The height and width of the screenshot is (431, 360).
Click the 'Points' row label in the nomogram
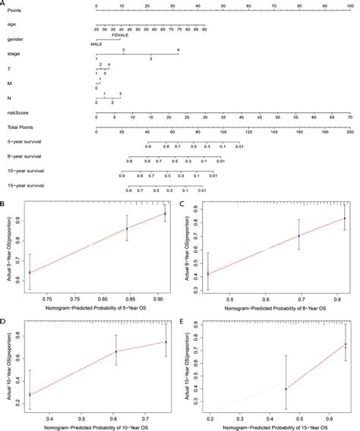[x=12, y=11]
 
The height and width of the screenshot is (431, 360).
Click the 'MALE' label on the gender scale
[x=96, y=44]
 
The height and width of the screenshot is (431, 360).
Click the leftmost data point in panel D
[x=30, y=394]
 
